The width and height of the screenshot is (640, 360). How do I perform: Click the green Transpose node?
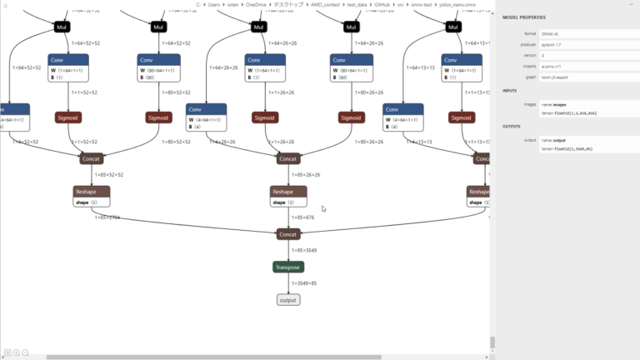(287, 267)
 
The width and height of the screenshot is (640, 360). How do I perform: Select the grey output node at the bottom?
(287, 300)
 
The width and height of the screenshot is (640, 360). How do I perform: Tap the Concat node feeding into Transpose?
(287, 234)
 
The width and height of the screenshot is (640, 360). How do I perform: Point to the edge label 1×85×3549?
(305, 250)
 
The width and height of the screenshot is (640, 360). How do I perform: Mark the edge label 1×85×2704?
(107, 217)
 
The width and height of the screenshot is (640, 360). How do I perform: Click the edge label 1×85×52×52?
(109, 175)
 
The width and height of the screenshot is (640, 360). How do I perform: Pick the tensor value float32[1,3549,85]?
(567, 148)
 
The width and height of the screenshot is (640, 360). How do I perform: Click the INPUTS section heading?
(510, 91)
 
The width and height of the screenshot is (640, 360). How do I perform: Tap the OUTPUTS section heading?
(512, 127)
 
